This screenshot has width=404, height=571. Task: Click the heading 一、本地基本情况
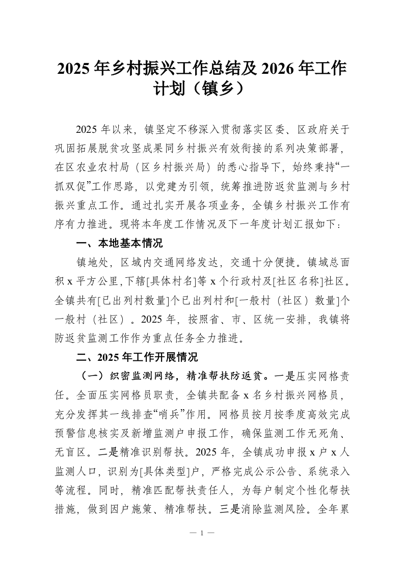point(119,243)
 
